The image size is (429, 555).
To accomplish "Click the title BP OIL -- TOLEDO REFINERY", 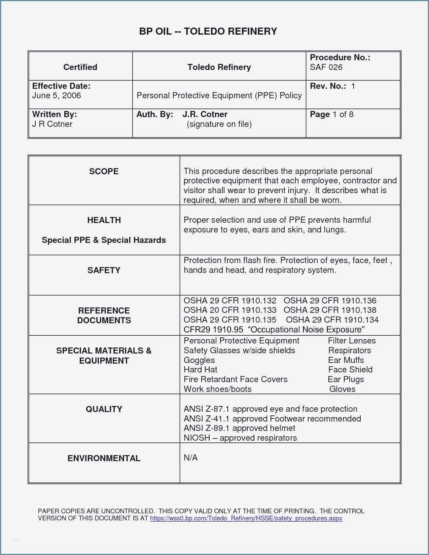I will click(208, 31).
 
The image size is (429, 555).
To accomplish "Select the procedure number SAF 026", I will click(326, 67).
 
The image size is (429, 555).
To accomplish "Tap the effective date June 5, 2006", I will click(57, 96).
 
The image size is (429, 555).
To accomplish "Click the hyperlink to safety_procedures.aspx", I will click(246, 518).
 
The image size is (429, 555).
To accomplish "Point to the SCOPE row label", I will click(104, 171).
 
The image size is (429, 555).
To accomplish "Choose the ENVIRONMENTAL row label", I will click(104, 458).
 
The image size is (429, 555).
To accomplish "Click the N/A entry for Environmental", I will click(190, 458).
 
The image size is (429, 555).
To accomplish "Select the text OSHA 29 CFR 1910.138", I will click(330, 310).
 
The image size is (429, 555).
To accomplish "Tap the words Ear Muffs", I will click(346, 360).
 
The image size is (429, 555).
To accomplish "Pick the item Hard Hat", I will click(201, 370).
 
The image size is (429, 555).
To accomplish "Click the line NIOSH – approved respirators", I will click(240, 438).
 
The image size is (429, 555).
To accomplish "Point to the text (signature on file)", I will click(219, 124).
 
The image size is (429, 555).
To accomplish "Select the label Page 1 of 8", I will click(331, 114).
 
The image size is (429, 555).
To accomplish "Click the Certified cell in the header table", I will click(80, 67).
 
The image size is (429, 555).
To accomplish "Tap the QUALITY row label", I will click(104, 409).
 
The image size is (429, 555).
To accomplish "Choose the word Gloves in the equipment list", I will click(342, 389).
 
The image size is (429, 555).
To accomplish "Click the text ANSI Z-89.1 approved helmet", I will click(239, 428).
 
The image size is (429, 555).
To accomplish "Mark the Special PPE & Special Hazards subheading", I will click(104, 240).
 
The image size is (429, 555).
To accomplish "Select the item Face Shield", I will click(350, 370).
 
